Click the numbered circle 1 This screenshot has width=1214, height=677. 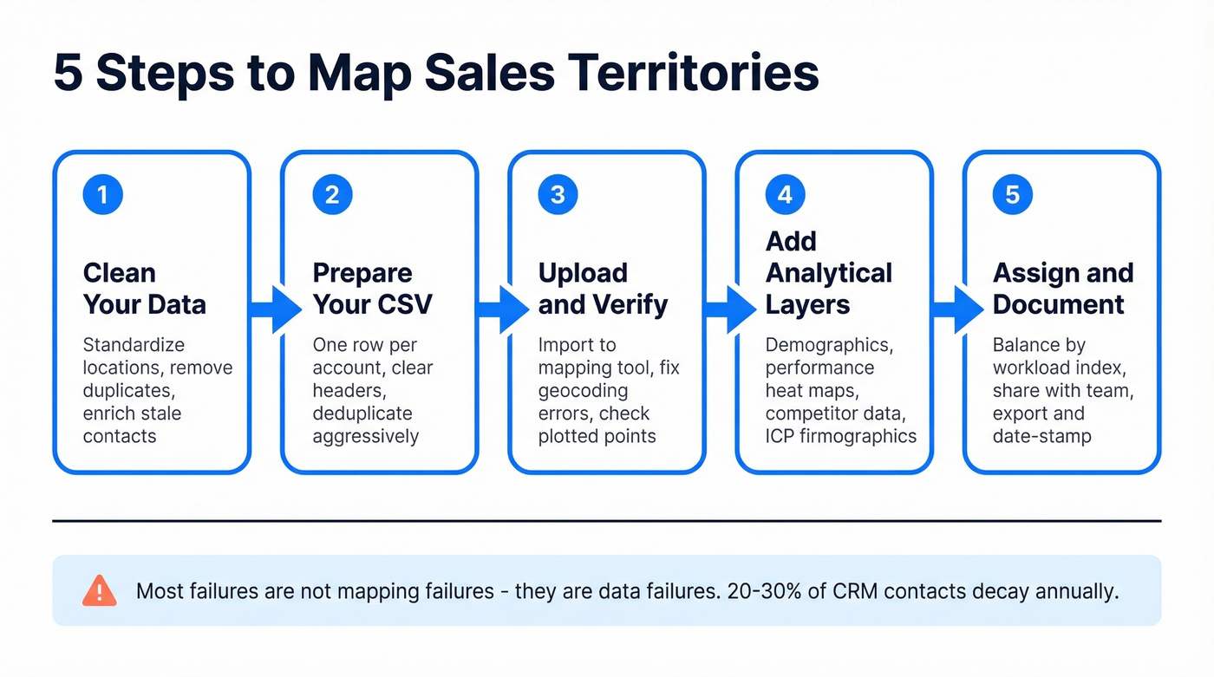point(103,195)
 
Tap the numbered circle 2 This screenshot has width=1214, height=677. point(331,195)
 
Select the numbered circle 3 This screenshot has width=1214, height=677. point(558,195)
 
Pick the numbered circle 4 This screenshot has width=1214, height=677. point(785,195)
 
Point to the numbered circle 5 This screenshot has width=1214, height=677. point(1012,195)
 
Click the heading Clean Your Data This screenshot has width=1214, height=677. point(144,289)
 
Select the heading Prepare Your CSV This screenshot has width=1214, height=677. point(372,289)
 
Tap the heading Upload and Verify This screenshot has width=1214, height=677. point(603,289)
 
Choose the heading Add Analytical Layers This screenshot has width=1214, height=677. point(828,273)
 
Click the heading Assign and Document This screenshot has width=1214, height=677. point(1062,289)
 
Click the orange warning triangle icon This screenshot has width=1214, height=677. point(99,591)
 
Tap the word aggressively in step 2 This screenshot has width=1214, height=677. point(365,436)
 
